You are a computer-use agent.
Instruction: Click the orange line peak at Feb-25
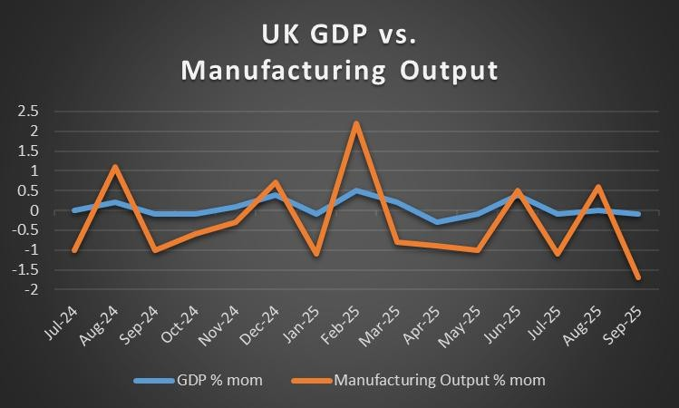[x=357, y=123]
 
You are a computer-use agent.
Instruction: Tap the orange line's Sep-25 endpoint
[x=639, y=277]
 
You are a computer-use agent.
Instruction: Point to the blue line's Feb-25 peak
[x=357, y=190]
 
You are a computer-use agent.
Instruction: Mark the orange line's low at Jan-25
[x=316, y=254]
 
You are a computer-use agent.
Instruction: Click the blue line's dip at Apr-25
[x=438, y=222]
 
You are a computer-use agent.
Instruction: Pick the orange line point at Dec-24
[x=276, y=182]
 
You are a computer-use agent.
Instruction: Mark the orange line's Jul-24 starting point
[x=75, y=250]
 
